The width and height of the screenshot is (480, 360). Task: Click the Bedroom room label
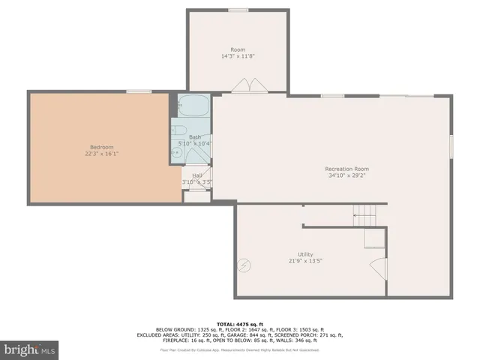(x=101, y=146)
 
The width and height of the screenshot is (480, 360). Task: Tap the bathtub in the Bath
(x=193, y=105)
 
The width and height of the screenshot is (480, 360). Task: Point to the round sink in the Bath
(x=177, y=152)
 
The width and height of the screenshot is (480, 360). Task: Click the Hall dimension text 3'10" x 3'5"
(x=196, y=182)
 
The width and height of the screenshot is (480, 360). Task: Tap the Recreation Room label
(x=346, y=169)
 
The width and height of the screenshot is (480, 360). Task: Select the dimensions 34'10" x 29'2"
(x=346, y=176)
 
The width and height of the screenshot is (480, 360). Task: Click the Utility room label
(x=304, y=254)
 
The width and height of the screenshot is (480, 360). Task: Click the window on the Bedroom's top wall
(x=139, y=91)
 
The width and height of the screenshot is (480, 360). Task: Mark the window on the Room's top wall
(x=238, y=10)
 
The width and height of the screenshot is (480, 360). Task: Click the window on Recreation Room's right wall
(x=451, y=145)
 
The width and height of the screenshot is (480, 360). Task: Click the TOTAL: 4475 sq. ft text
(x=240, y=323)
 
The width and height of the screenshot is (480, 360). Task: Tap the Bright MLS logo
(x=30, y=349)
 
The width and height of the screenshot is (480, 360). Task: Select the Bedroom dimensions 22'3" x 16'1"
(x=101, y=154)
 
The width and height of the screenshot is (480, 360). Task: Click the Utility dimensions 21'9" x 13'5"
(x=304, y=262)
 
